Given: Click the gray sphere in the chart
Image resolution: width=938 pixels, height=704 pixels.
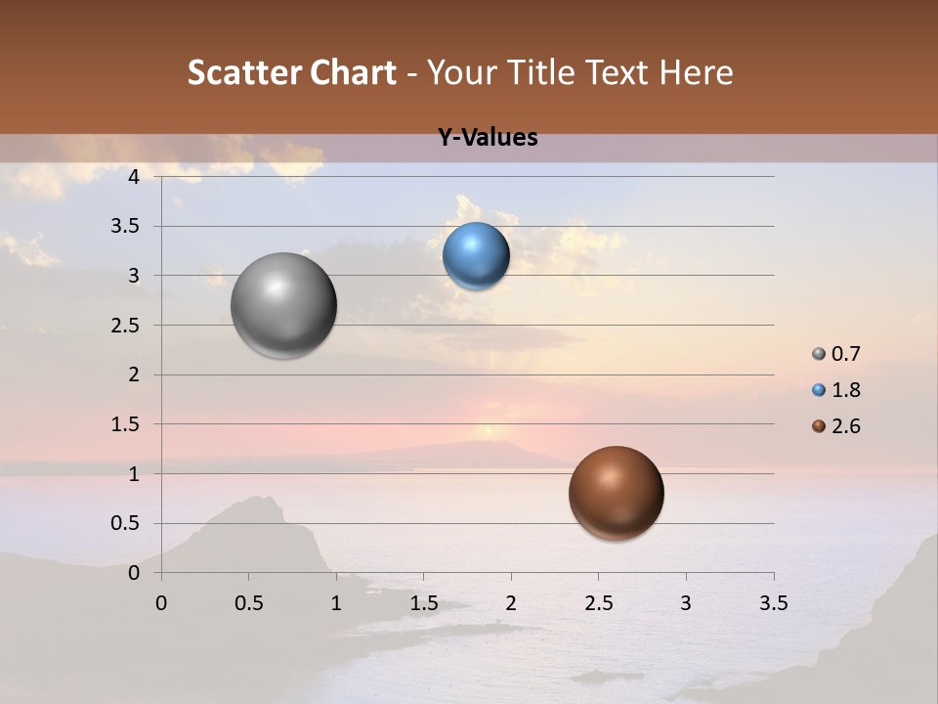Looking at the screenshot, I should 283,305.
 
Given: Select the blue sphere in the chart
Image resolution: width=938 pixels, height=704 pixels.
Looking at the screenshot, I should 476,256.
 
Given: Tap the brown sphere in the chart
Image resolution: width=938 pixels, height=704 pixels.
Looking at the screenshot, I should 616,493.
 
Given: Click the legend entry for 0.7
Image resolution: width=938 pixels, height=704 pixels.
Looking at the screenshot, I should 836,354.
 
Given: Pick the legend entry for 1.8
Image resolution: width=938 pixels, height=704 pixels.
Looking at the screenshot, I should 836,390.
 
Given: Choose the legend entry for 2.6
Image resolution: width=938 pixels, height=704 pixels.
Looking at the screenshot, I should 836,426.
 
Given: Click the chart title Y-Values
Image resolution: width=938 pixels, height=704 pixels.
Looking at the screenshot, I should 488,138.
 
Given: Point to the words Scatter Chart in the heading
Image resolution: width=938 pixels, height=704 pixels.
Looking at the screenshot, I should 291,72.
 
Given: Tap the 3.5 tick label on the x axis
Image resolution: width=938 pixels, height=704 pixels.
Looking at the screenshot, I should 773,603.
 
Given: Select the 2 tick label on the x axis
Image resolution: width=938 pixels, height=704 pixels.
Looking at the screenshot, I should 511,603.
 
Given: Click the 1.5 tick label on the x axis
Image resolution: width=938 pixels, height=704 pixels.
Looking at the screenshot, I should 423,603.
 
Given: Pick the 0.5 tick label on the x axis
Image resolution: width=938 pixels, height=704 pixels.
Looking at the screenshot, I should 248,603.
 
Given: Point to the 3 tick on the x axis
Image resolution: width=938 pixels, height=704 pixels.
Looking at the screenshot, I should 686,603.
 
